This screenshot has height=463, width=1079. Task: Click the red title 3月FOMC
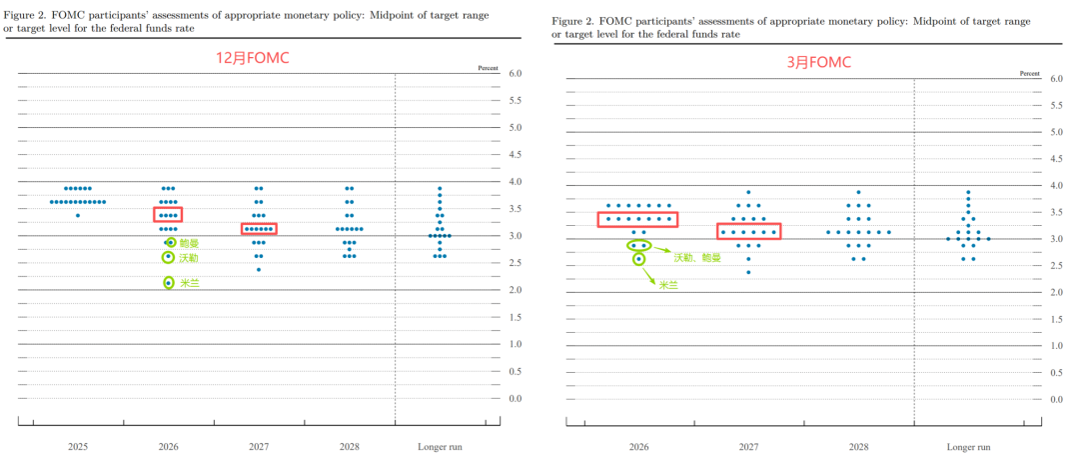(x=818, y=62)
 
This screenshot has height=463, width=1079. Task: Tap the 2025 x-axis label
(x=77, y=447)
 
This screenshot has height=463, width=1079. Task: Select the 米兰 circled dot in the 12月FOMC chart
(x=169, y=283)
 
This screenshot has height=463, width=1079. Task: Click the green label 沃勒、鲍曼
(x=696, y=257)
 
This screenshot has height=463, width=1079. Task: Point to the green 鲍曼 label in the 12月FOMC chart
(x=190, y=243)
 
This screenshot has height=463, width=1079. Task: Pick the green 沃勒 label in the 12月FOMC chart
(x=190, y=258)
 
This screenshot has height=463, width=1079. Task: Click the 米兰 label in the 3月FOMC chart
(x=667, y=285)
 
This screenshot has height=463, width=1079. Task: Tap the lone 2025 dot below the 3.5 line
(x=77, y=215)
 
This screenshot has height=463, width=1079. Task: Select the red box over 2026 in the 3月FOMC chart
(x=637, y=219)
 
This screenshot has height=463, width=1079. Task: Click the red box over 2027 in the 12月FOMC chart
(x=258, y=229)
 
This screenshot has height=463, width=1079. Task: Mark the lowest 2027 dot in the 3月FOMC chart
(x=748, y=272)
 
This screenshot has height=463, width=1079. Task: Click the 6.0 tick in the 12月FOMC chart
(x=518, y=74)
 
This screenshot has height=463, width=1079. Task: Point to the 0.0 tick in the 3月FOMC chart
(x=1056, y=399)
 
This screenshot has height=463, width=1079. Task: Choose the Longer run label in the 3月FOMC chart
(x=967, y=447)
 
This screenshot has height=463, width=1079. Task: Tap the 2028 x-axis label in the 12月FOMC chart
(x=349, y=447)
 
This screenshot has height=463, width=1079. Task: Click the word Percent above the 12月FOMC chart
(x=488, y=67)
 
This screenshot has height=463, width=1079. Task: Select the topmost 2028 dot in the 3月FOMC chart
(x=858, y=192)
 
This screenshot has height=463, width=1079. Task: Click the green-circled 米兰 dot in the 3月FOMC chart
(x=638, y=259)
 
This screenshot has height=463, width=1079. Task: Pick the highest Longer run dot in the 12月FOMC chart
(x=440, y=188)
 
